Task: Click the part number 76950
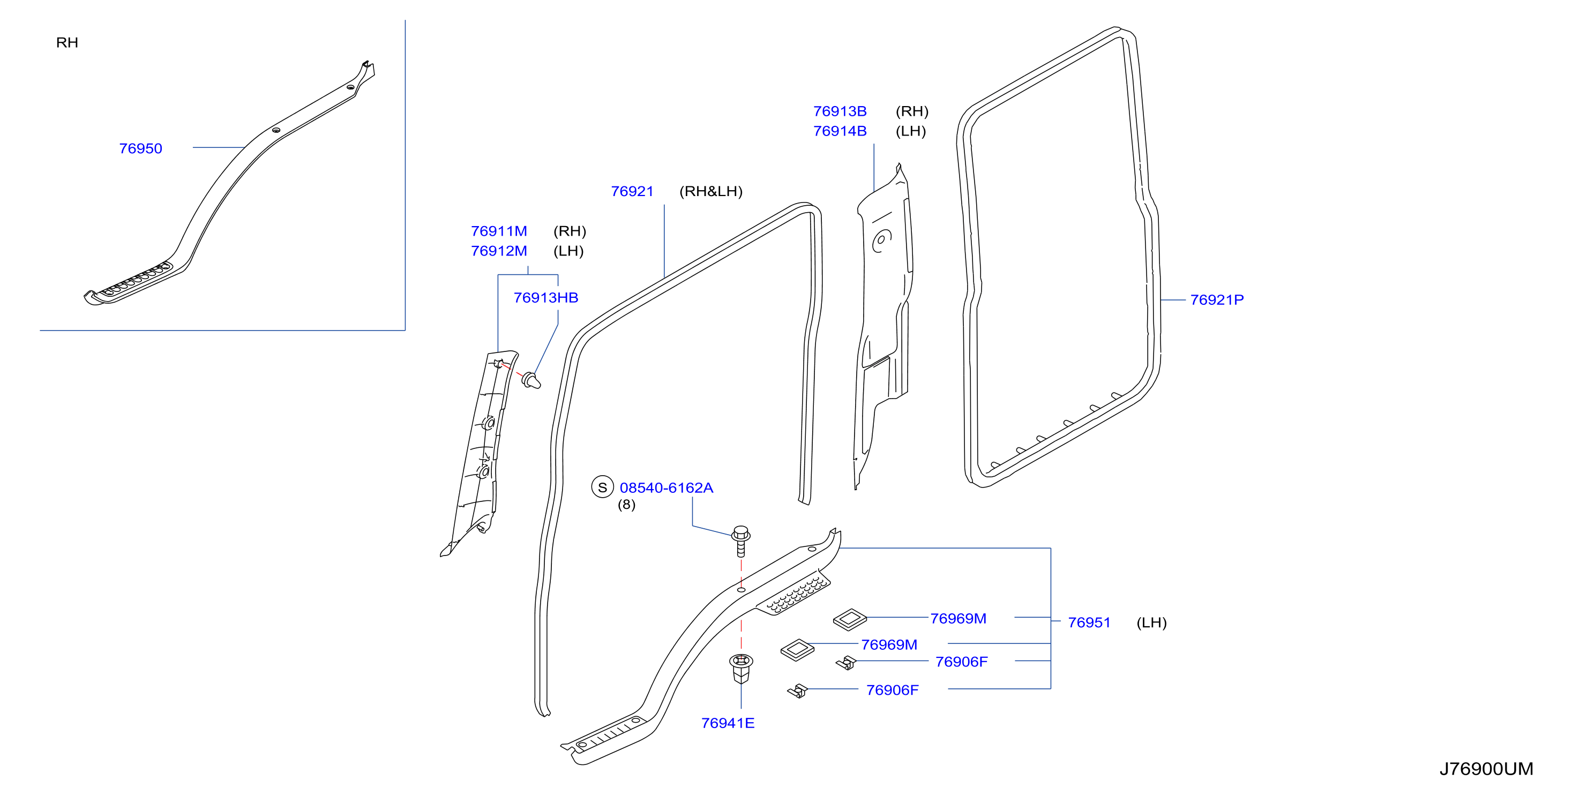140,148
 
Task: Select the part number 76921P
1217,299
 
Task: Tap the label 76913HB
545,298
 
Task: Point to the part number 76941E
728,723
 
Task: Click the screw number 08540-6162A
666,488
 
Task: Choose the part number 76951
1089,622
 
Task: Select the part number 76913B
840,111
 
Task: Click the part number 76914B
840,131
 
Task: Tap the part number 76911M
499,231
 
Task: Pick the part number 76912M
499,251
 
